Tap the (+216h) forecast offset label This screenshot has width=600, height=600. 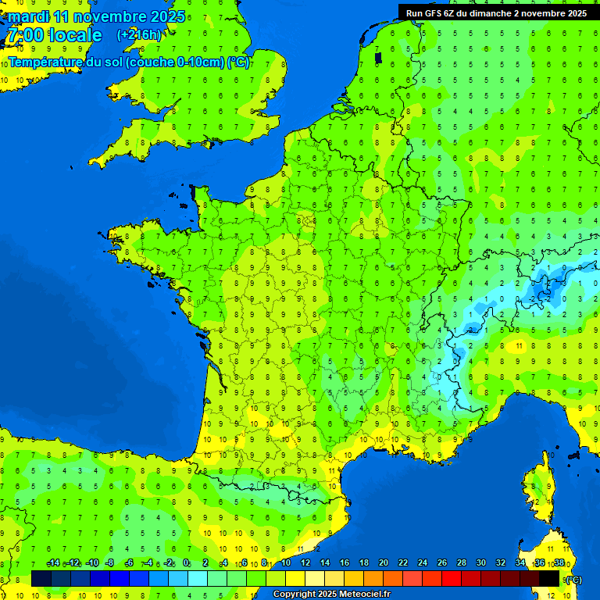139,34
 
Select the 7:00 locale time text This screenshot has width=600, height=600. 54,35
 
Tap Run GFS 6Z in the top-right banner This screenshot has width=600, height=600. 425,13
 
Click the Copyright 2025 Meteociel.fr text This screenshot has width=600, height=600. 331,595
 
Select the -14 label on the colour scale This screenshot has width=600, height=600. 53,563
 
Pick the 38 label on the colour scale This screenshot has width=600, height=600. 559,563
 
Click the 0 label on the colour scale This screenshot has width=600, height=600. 186,563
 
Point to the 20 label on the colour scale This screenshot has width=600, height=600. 384,563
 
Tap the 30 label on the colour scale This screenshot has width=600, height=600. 481,563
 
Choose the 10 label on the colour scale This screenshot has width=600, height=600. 286,563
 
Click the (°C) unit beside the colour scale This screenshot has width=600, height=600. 573,580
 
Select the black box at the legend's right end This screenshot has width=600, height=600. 549,578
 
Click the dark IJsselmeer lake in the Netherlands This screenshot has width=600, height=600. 379,57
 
